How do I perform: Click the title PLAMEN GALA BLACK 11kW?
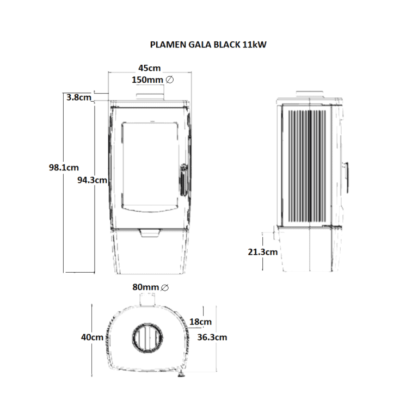[x=208, y=45]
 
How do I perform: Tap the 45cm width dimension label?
[x=150, y=68]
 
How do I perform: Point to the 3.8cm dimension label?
[x=79, y=97]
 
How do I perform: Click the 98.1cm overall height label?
[x=64, y=168]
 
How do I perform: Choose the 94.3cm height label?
[x=92, y=180]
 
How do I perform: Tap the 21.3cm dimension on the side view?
[x=262, y=252]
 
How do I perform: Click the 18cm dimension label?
[x=200, y=322]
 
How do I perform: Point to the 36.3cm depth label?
[x=212, y=337]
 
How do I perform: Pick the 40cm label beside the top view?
[x=92, y=337]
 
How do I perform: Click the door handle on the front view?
[x=183, y=180]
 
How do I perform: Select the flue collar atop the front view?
[x=150, y=96]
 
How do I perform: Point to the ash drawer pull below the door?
[x=150, y=233]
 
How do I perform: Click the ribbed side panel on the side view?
[x=307, y=167]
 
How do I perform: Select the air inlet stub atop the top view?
[x=147, y=299]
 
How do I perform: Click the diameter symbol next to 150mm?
[x=170, y=79]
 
